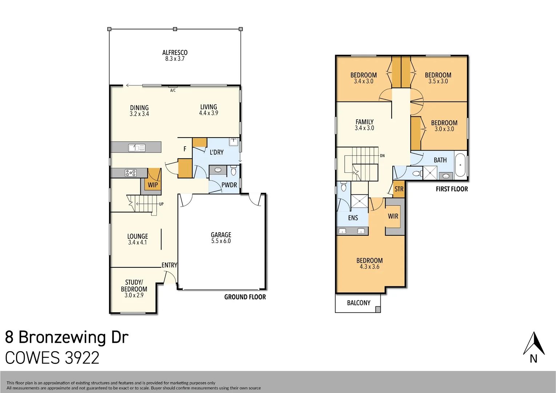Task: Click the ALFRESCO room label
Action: [x=175, y=53]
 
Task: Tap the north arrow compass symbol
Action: [x=533, y=344]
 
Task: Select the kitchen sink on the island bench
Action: [x=137, y=147]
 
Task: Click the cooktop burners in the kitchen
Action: [x=131, y=173]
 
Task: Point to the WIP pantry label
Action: [x=153, y=185]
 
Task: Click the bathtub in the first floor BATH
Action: [x=460, y=165]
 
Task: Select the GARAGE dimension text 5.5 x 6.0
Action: [x=221, y=241]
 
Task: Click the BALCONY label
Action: [x=359, y=303]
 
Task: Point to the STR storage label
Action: [x=399, y=189]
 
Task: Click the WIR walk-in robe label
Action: [x=393, y=216]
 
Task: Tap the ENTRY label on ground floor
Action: [x=169, y=265]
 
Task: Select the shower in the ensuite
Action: [x=359, y=201]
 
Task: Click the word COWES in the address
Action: [x=32, y=358]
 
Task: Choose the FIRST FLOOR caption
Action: [x=452, y=189]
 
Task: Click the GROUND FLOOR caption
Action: [x=245, y=297]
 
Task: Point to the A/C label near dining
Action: [x=173, y=90]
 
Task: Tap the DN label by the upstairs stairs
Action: [x=382, y=156]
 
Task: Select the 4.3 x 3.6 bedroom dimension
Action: [x=369, y=267]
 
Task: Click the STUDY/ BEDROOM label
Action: [x=134, y=286]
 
